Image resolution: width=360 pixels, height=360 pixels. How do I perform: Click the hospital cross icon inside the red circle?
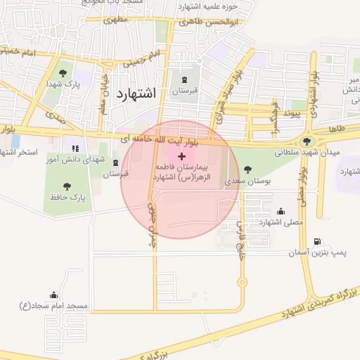click(x=182, y=155)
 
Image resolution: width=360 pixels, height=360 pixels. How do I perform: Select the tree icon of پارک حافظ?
click(x=67, y=186)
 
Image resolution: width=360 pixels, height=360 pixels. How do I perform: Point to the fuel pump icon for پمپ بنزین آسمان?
click(x=318, y=242)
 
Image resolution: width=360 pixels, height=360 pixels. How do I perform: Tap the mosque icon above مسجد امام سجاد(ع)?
click(x=54, y=295)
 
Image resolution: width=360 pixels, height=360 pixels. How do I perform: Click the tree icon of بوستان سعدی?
click(x=247, y=169)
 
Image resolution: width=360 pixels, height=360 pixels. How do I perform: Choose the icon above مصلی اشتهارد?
click(x=281, y=211)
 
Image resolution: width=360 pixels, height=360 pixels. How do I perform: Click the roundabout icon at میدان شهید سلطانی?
click(x=307, y=140)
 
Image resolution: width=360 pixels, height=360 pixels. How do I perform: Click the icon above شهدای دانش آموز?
click(x=75, y=148)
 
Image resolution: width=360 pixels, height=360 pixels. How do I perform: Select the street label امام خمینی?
click(x=20, y=52)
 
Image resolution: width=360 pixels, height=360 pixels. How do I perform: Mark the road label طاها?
click(x=336, y=130)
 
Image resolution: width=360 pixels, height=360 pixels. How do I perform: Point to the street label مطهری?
click(x=117, y=20)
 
